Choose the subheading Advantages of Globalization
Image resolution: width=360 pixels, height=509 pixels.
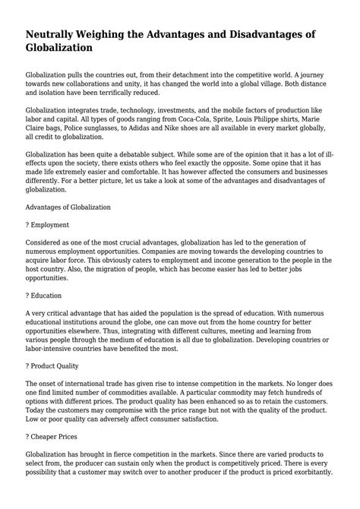click(x=68, y=206)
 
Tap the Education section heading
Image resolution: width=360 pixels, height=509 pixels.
click(x=49, y=294)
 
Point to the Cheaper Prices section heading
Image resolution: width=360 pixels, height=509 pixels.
click(x=55, y=435)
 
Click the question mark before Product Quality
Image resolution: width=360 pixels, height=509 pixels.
click(x=28, y=365)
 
